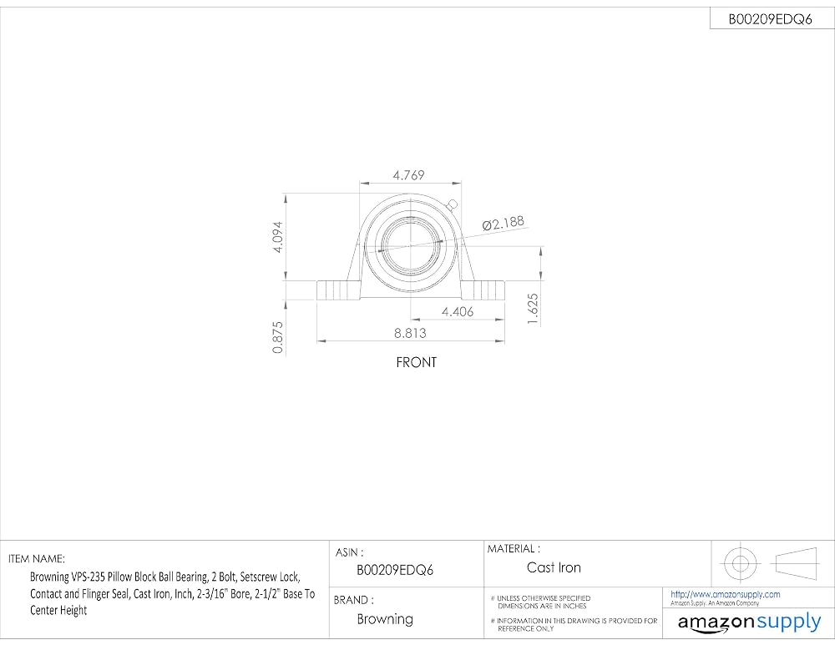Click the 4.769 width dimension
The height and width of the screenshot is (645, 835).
pyautogui.click(x=408, y=174)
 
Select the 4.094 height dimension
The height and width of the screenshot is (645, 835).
pyautogui.click(x=277, y=237)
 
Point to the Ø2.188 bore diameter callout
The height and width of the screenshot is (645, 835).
pyautogui.click(x=504, y=223)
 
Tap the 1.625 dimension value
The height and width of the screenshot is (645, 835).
pyautogui.click(x=532, y=309)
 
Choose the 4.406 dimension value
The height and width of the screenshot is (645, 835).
pyautogui.click(x=458, y=311)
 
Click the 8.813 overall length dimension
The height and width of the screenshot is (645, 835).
pyautogui.click(x=410, y=333)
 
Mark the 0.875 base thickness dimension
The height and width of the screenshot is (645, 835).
pyautogui.click(x=277, y=337)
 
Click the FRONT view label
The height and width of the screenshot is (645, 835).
pyautogui.click(x=417, y=362)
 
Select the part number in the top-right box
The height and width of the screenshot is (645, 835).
pyautogui.click(x=770, y=19)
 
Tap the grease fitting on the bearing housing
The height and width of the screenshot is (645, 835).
pyautogui.click(x=453, y=204)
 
